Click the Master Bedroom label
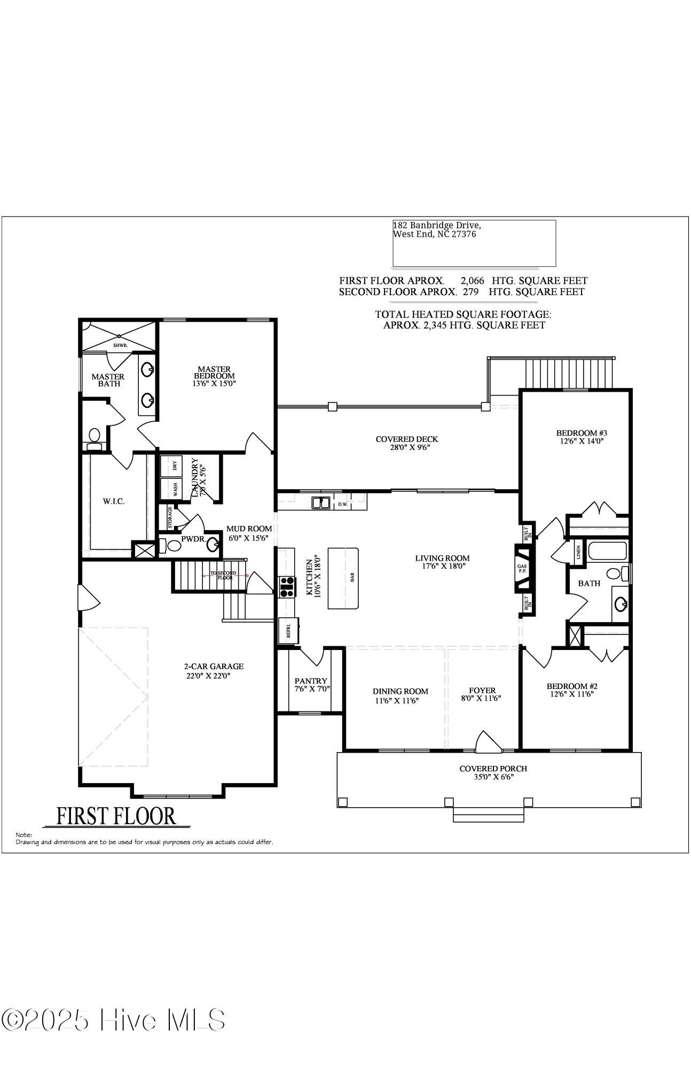click(214, 373)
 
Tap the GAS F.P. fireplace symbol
click(522, 569)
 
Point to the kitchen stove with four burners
click(287, 586)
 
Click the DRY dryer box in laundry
click(171, 465)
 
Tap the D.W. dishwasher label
click(342, 504)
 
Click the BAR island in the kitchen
click(343, 577)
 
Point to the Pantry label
click(311, 681)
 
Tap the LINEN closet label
click(579, 552)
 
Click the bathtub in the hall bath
click(607, 551)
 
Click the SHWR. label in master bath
click(120, 345)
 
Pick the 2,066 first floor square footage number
click(472, 281)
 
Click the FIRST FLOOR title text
click(116, 816)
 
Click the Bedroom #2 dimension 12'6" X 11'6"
click(571, 694)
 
